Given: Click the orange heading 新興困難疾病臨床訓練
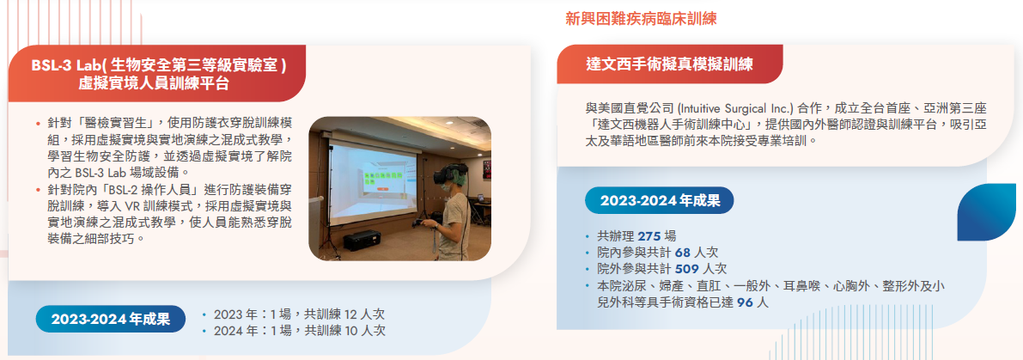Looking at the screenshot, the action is coord(642,19).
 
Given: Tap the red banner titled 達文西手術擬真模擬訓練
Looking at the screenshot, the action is coord(669,64).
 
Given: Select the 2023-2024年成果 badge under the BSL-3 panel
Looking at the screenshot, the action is coord(110,320).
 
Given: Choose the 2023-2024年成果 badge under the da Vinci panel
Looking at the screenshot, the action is coord(660,200).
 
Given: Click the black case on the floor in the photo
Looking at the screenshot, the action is coord(362,241).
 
